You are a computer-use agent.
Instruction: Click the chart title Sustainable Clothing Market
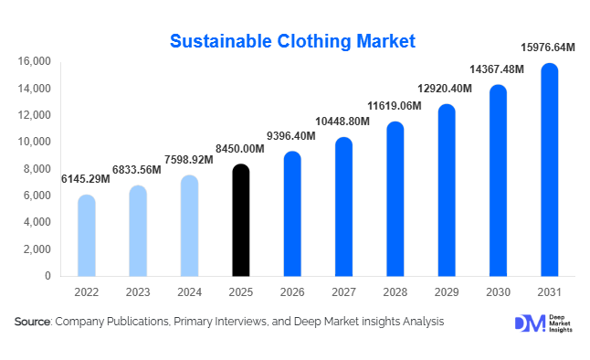point(293,41)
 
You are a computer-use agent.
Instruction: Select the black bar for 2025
point(240,220)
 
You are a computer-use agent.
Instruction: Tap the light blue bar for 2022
point(86,236)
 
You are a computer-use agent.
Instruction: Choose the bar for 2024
point(189,226)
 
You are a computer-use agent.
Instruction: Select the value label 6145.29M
point(85,179)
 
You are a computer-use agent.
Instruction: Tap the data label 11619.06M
point(395,106)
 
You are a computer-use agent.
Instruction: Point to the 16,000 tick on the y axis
point(35,62)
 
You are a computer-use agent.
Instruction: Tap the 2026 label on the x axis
point(291,293)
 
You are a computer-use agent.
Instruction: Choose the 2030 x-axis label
point(498,293)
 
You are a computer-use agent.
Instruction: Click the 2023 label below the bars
point(137,293)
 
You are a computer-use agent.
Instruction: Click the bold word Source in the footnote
point(32,322)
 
